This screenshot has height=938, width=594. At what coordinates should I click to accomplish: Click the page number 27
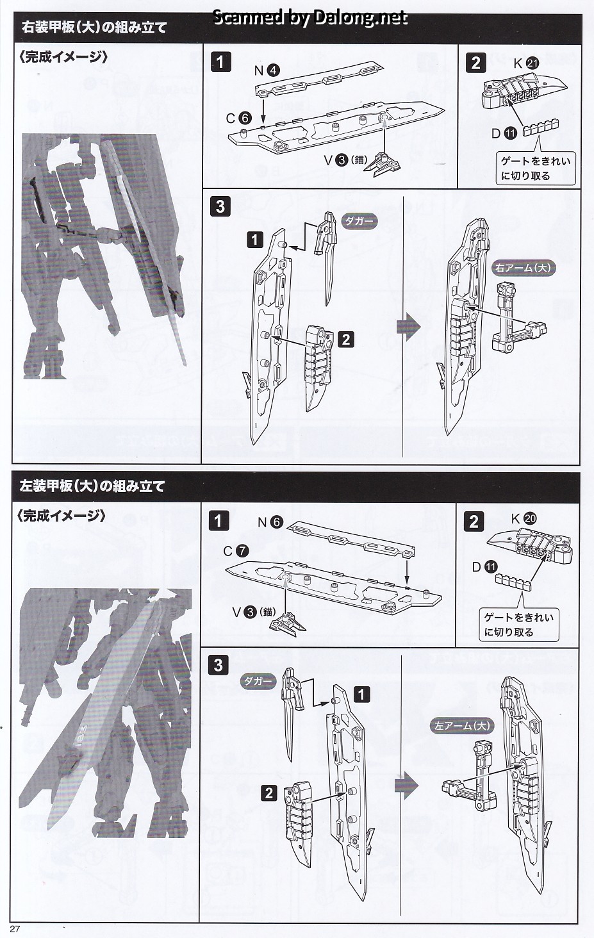[x=16, y=930]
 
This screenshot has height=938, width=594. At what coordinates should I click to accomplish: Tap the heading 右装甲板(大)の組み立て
[x=94, y=28]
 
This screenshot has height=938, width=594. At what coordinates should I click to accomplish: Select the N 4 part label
[x=267, y=70]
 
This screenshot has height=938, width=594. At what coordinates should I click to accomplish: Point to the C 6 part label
[x=238, y=118]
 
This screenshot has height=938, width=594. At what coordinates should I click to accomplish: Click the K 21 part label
[x=525, y=63]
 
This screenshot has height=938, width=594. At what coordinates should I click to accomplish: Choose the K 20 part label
[x=524, y=519]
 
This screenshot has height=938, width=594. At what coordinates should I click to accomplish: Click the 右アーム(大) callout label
[x=523, y=268]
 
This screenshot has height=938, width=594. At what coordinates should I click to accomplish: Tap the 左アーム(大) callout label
[x=462, y=726]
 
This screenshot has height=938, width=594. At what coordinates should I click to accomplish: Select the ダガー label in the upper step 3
[x=359, y=221]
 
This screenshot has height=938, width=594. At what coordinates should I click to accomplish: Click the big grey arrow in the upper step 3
[x=409, y=326]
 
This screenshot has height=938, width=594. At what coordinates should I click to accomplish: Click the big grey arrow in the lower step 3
[x=406, y=785]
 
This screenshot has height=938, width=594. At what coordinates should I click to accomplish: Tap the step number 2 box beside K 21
[x=475, y=63]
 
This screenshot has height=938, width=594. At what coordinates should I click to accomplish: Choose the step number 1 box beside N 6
[x=219, y=520]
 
